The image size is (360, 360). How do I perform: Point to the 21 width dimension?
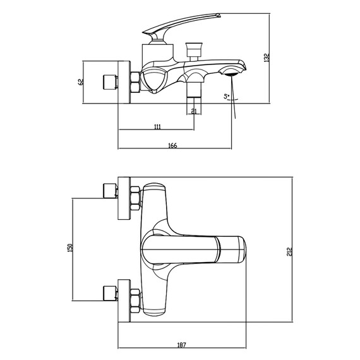tap(194, 112)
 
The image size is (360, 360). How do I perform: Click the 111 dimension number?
tap(157, 128)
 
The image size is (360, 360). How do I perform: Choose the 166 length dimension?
tap(172, 146)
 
